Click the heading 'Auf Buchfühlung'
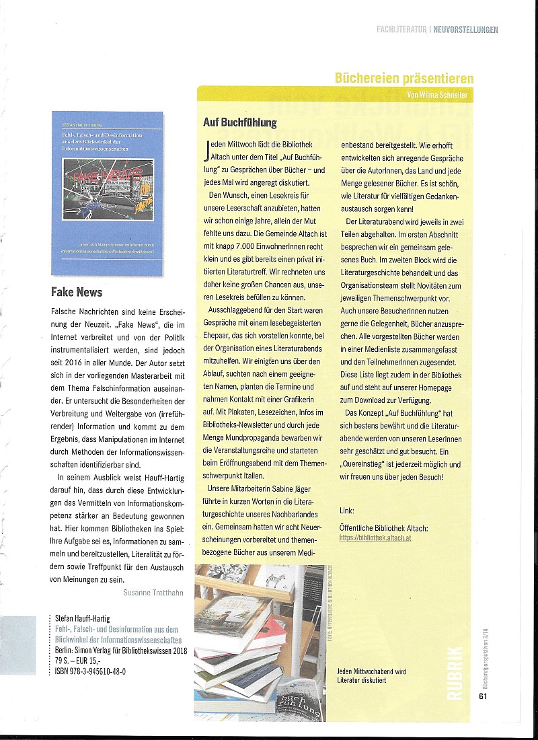coord(239,122)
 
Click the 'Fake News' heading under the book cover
coord(77,292)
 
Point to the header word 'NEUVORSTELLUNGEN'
coord(465,30)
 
